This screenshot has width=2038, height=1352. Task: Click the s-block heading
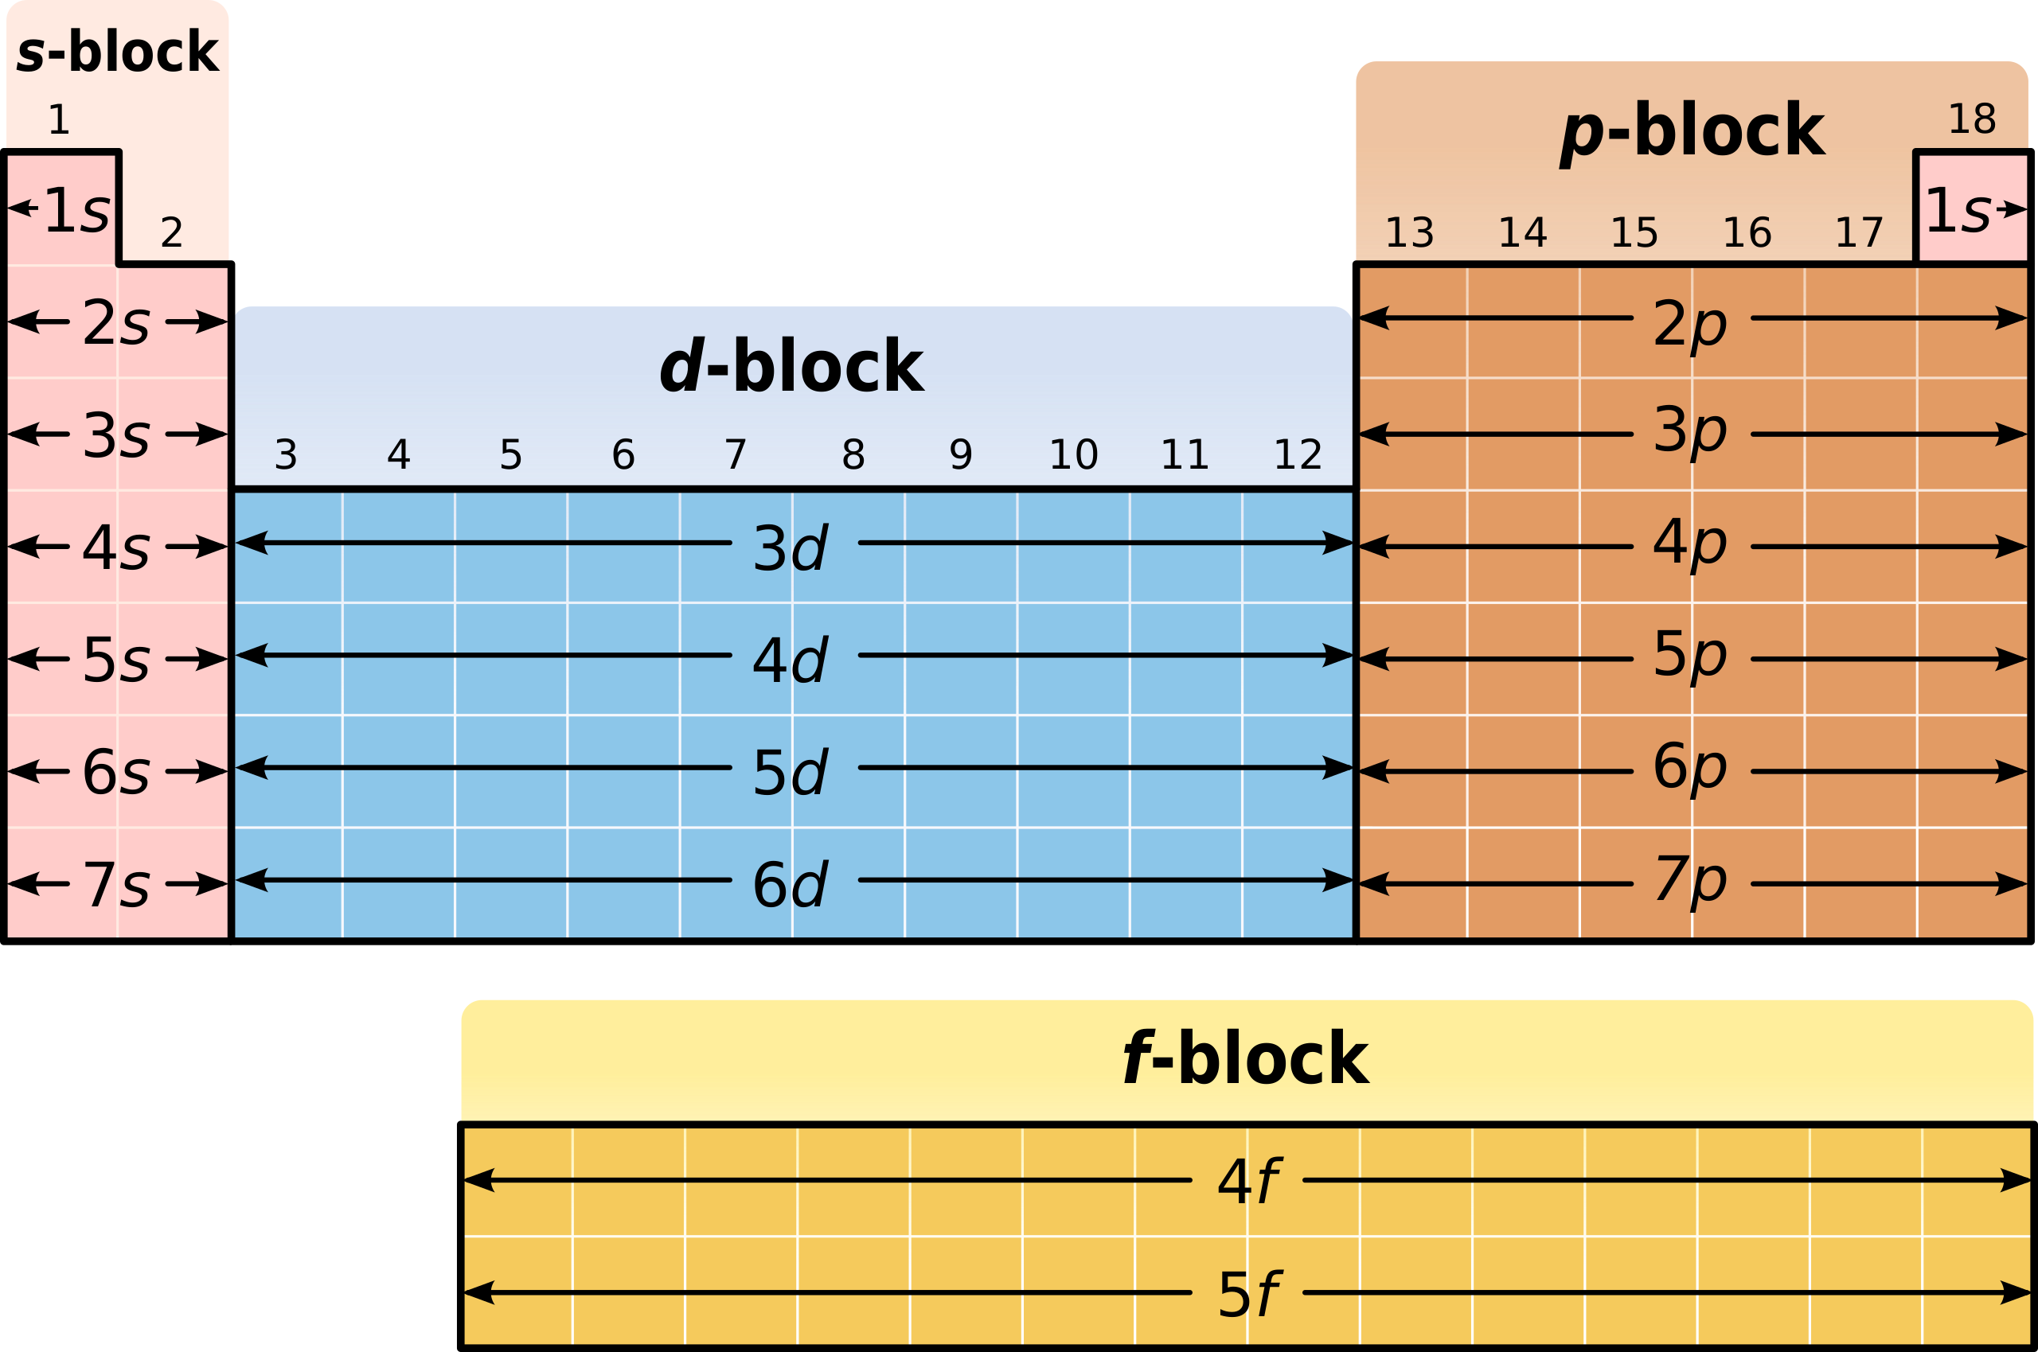pos(117,52)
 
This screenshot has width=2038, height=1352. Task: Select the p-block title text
pos(1692,132)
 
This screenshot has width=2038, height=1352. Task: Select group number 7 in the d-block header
pos(736,454)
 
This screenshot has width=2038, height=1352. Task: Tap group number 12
pos(1298,454)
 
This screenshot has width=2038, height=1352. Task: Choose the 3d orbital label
pos(791,547)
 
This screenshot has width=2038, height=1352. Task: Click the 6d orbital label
pos(791,885)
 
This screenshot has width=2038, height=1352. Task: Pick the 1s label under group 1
pos(76,209)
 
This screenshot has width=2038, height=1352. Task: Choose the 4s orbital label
pos(116,547)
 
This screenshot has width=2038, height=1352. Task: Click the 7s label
pos(116,885)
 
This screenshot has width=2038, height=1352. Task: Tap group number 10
pos(1074,454)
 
